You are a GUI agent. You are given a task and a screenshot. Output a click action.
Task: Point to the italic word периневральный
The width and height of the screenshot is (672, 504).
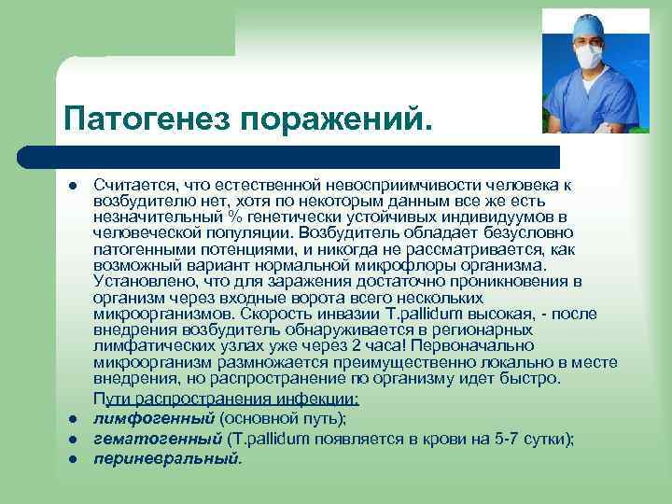[166, 458]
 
